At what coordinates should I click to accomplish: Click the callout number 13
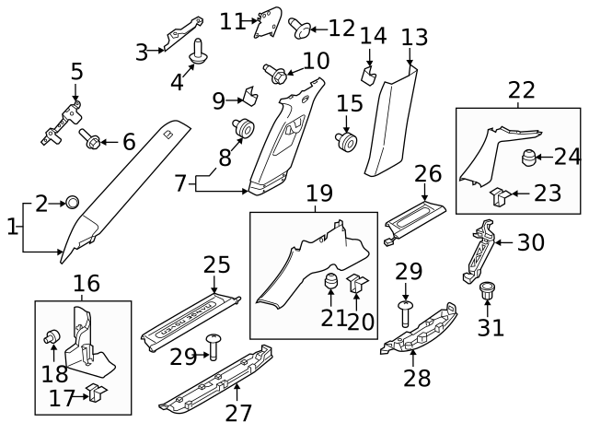(x=415, y=37)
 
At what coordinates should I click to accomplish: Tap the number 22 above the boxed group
(x=521, y=89)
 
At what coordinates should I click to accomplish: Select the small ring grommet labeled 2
(x=73, y=203)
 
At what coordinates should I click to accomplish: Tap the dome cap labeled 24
(x=531, y=158)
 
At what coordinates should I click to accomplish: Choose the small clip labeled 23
(x=499, y=194)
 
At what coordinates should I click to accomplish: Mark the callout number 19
(x=318, y=194)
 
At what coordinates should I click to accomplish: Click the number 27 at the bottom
(x=238, y=412)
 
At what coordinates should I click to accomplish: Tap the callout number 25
(x=216, y=265)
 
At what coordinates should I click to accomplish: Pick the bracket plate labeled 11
(x=268, y=22)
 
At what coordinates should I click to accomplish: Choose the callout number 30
(x=530, y=242)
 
